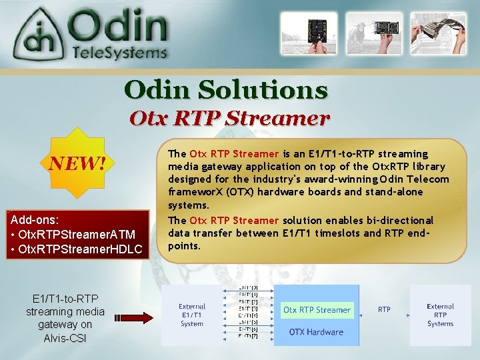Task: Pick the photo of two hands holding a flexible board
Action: [x=439, y=33]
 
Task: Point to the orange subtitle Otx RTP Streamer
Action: [x=229, y=119]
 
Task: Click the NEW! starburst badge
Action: [x=77, y=162]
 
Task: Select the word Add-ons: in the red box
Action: [x=35, y=219]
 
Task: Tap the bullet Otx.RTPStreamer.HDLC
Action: [x=77, y=249]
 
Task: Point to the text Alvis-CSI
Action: [x=65, y=337]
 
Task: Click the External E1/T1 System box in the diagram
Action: [x=192, y=315]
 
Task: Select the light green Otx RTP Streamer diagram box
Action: [x=317, y=309]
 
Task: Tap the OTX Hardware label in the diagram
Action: [x=316, y=332]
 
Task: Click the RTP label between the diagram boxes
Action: [x=385, y=309]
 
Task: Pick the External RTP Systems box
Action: [x=440, y=315]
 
